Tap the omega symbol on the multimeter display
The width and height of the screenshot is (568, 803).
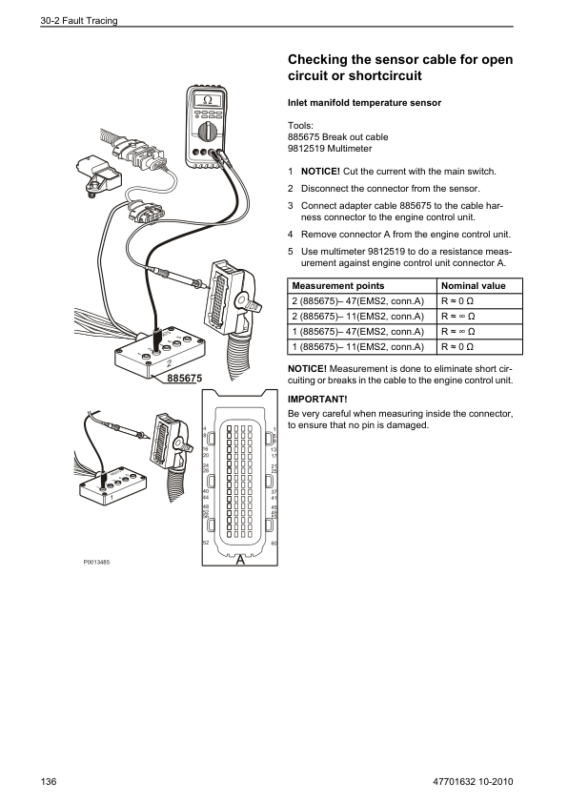207,100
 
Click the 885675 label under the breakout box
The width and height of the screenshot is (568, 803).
185,378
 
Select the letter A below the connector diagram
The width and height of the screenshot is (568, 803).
240,560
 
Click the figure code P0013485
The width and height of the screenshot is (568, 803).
96,563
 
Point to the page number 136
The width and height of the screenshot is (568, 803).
49,781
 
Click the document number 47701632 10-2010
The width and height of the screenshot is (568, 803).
473,781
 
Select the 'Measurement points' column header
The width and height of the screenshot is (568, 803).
337,286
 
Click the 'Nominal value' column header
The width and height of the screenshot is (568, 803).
474,286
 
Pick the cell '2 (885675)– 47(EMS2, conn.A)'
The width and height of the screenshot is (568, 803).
358,301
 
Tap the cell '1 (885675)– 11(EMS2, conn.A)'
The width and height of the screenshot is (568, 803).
358,347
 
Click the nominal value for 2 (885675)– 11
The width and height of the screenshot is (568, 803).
458,317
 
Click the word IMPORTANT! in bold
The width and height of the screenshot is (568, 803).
317,400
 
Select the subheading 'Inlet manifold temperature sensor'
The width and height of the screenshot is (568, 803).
364,103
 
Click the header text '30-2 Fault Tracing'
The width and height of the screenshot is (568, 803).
79,20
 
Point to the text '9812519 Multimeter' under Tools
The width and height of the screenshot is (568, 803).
330,149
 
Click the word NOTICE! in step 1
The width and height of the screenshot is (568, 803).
320,172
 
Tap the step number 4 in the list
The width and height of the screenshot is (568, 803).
290,235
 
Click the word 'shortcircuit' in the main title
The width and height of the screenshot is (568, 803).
385,75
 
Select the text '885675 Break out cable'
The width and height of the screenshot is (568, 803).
337,136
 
